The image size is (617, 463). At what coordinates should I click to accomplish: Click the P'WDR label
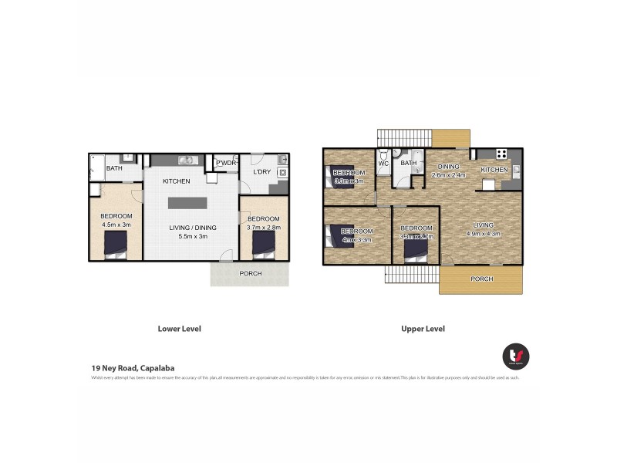[x=226, y=163]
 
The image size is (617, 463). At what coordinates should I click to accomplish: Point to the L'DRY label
[x=262, y=171]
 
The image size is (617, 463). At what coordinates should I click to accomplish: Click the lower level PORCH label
[x=250, y=273]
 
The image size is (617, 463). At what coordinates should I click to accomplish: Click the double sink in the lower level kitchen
[x=187, y=161]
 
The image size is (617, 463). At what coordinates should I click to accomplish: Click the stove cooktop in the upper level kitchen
[x=501, y=154]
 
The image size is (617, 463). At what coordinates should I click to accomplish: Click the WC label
[x=383, y=164]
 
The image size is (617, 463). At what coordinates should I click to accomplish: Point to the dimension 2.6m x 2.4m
[x=448, y=175]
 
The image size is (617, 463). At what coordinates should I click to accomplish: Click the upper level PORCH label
[x=482, y=279]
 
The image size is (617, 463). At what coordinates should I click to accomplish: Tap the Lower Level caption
[x=179, y=329]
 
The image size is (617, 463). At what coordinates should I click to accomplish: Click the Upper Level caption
[x=423, y=329]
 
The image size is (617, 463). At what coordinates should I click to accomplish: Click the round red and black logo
[x=515, y=356]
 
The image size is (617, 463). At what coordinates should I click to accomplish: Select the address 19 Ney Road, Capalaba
[x=133, y=368]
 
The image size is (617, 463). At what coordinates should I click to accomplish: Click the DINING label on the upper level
[x=449, y=166]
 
